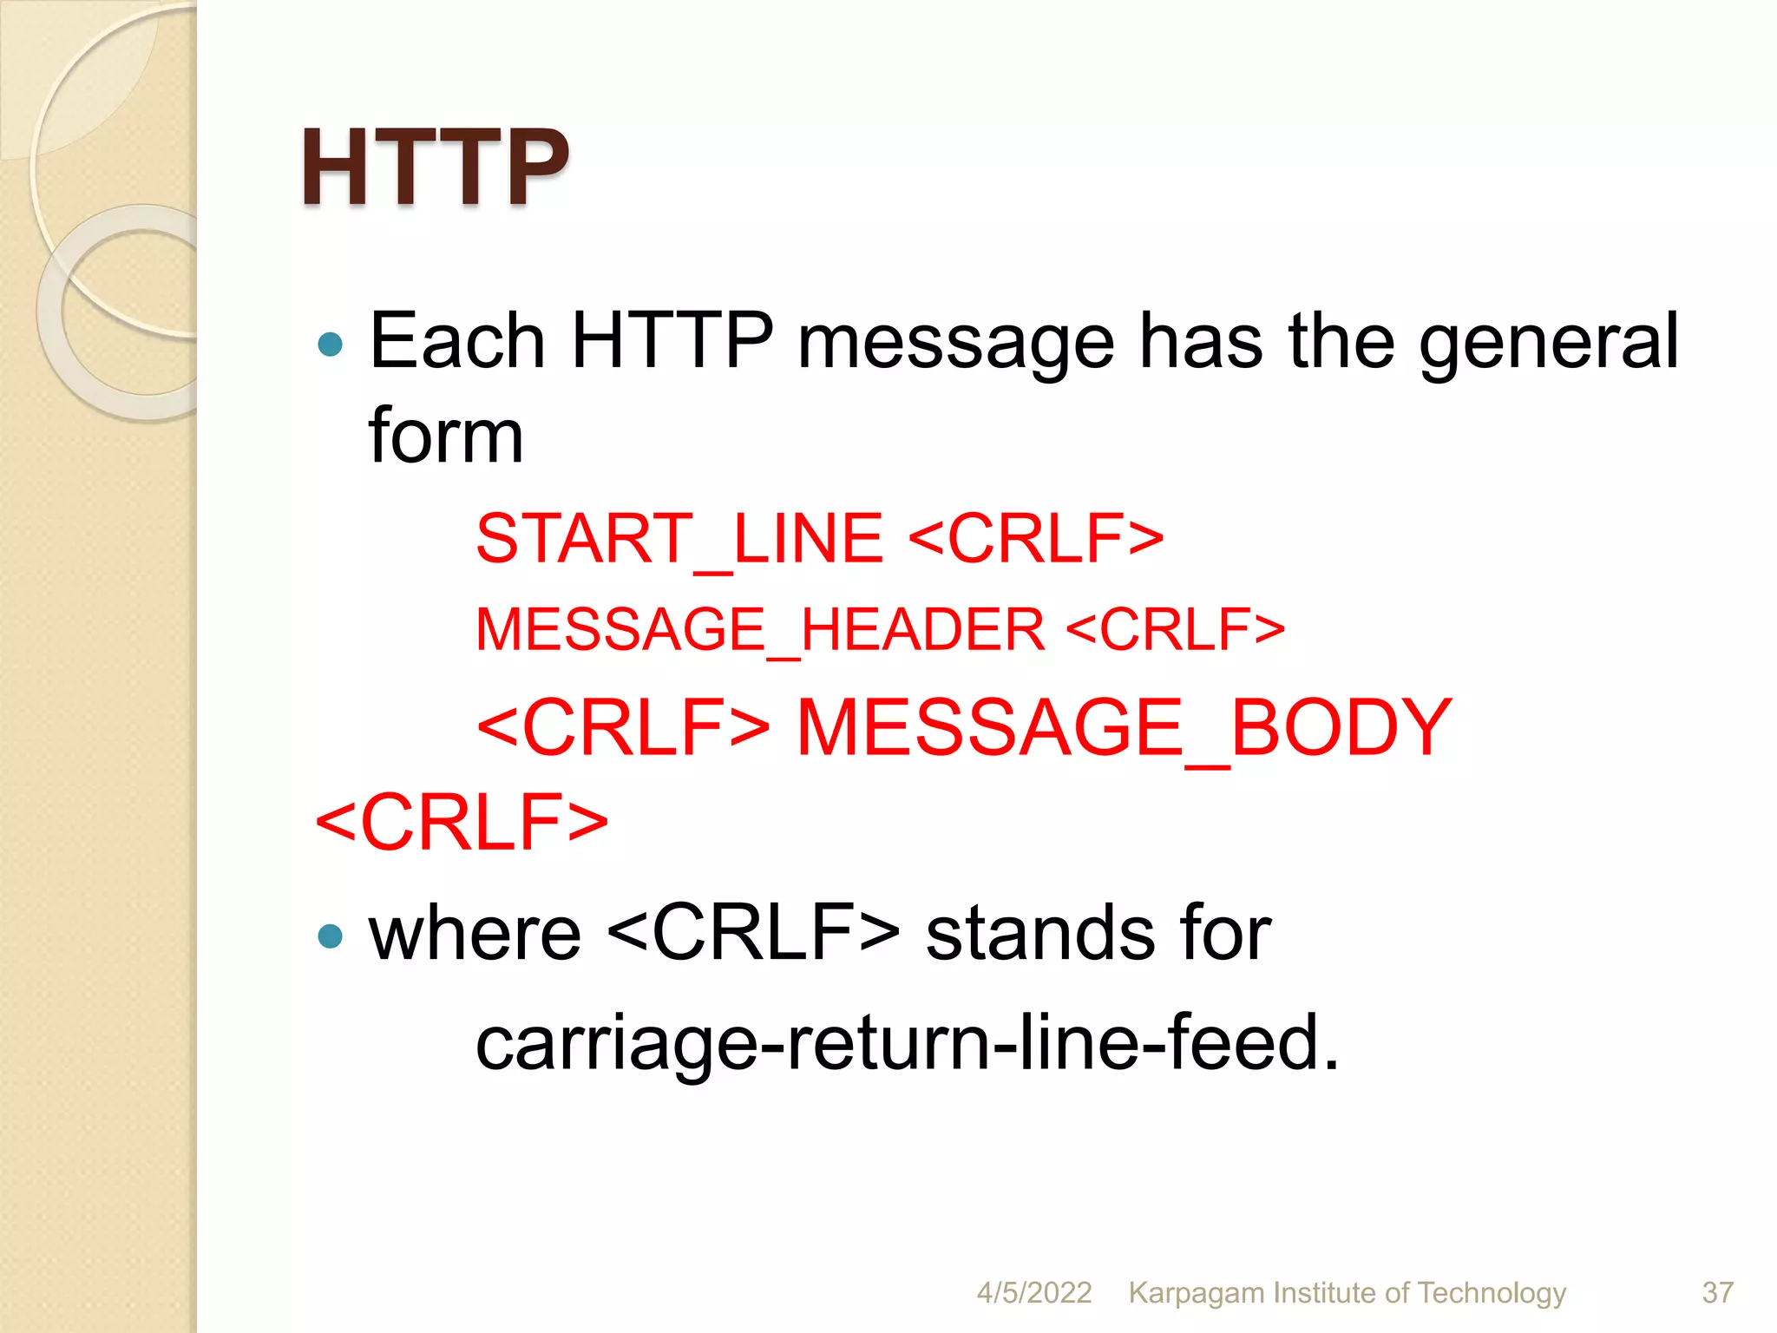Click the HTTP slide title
[434, 167]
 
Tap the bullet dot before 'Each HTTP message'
[331, 345]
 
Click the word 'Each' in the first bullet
[456, 341]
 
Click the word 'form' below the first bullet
[445, 436]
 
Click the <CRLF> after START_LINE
[1036, 539]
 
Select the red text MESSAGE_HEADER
[760, 630]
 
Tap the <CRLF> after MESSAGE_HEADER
[1175, 630]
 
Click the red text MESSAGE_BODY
[1124, 727]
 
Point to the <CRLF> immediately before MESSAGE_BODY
[623, 727]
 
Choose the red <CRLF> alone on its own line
[462, 821]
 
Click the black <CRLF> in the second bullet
[753, 934]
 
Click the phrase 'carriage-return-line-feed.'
[907, 1043]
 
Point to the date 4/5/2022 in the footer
[1033, 1293]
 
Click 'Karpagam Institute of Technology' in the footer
[1347, 1293]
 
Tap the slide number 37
[1717, 1293]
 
